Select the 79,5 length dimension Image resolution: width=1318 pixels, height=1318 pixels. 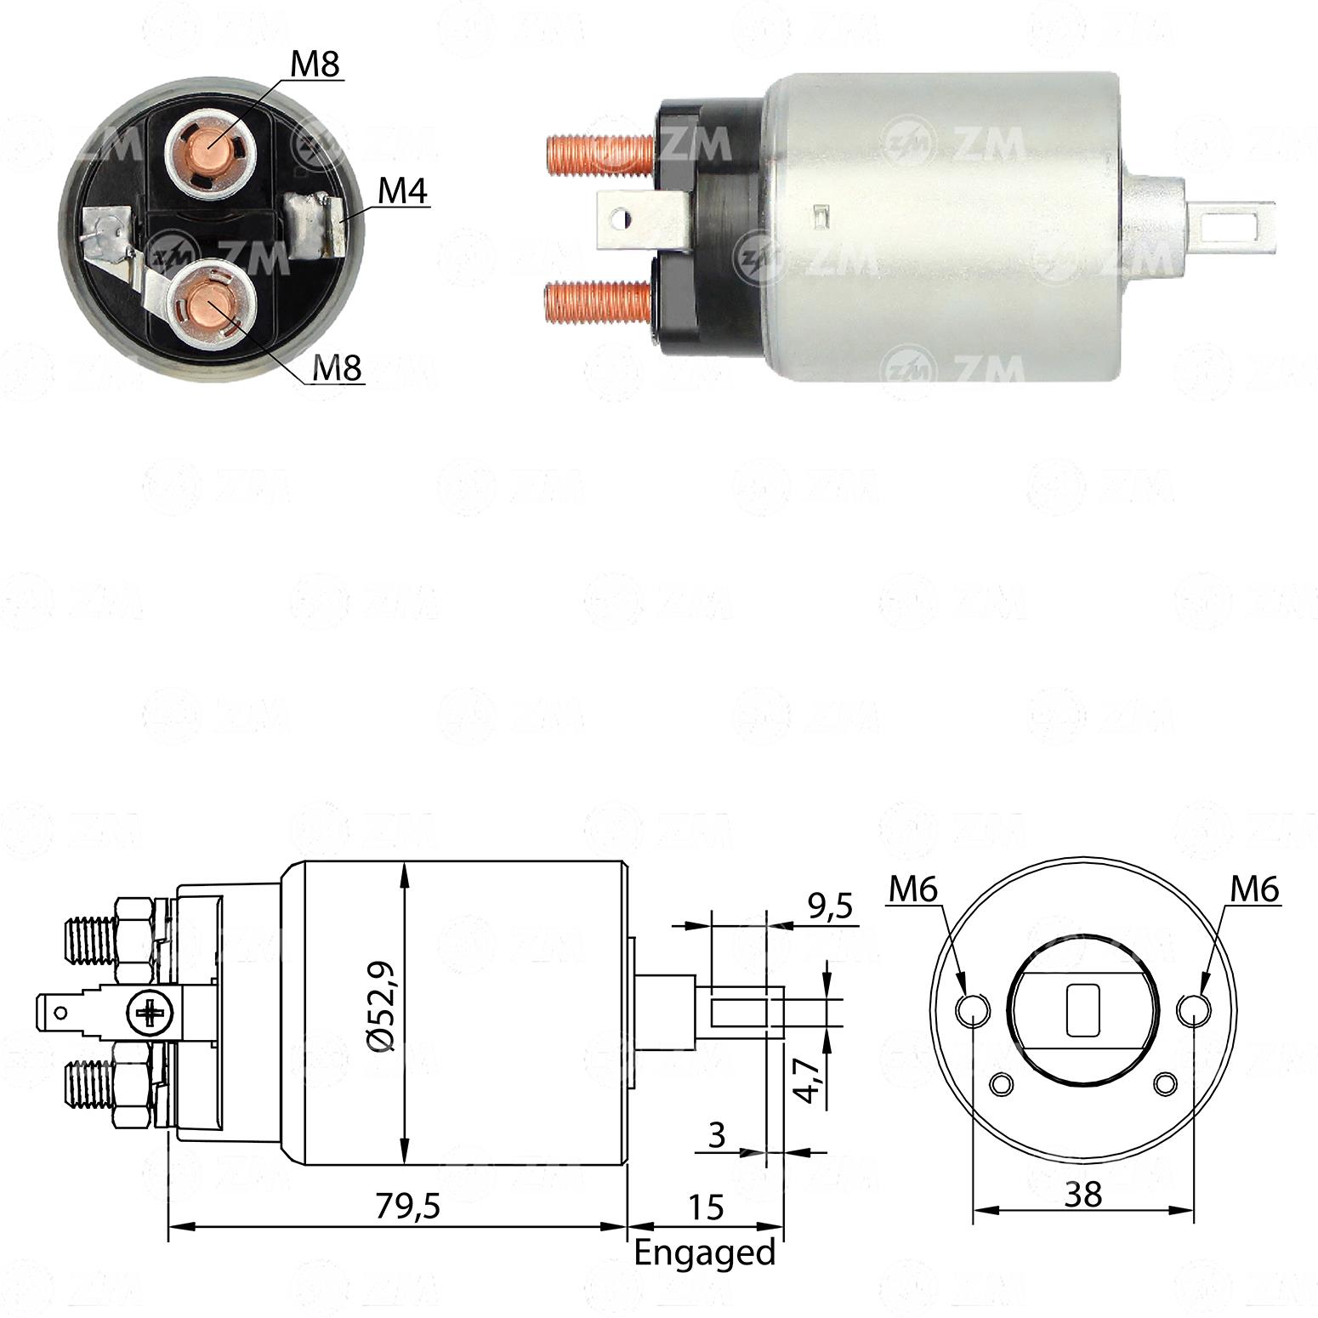(x=408, y=1206)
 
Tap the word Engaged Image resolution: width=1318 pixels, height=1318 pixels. (x=705, y=1253)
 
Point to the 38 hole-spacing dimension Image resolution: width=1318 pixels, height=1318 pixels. (x=1082, y=1195)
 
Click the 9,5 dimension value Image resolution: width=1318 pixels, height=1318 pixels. (x=830, y=906)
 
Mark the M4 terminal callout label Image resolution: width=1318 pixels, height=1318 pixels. (x=402, y=190)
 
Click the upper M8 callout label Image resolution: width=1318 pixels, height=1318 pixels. (x=315, y=64)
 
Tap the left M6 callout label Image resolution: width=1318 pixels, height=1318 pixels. (x=912, y=889)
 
